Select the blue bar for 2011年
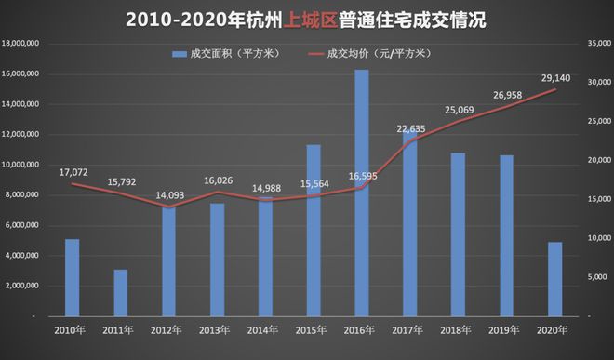pyautogui.click(x=120, y=293)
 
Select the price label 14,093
pyautogui.click(x=168, y=195)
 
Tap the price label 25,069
pyautogui.click(x=458, y=111)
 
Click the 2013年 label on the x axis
pyautogui.click(x=217, y=329)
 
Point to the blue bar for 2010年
pyautogui.click(x=72, y=278)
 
